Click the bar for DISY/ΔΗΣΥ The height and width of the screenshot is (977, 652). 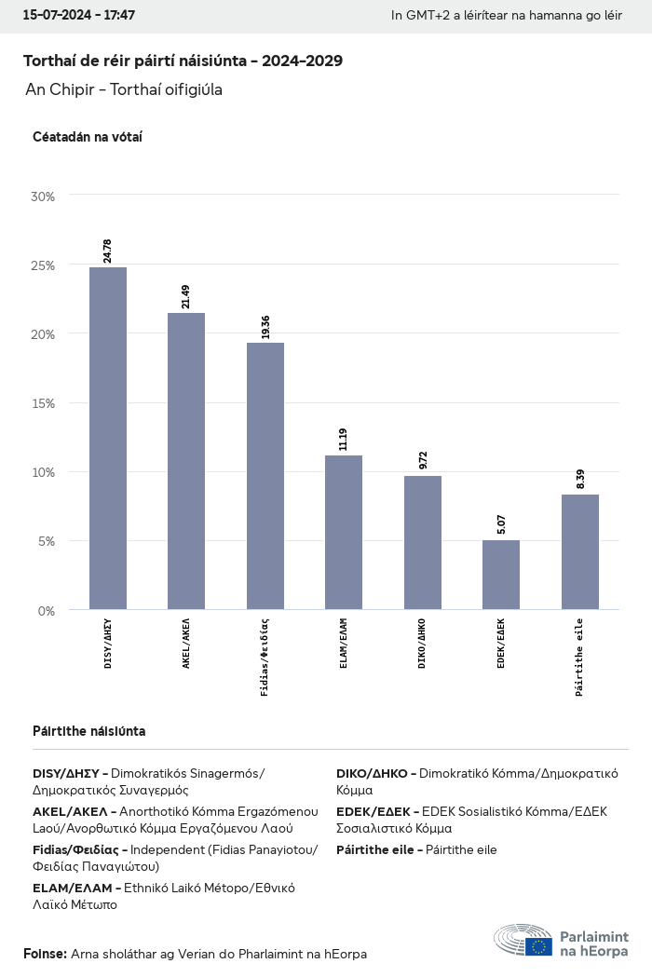(x=108, y=438)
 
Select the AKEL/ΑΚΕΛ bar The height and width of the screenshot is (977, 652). (x=186, y=461)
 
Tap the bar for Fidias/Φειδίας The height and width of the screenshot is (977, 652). (x=265, y=476)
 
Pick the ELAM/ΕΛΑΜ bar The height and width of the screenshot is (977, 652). (x=344, y=532)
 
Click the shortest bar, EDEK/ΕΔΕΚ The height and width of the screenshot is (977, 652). (x=501, y=575)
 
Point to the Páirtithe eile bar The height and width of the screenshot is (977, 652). (x=580, y=551)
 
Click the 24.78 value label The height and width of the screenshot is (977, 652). (x=108, y=251)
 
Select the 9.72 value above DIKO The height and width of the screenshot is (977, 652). (x=423, y=460)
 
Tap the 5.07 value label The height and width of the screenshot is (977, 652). (x=501, y=523)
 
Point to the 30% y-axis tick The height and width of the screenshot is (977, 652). (x=43, y=197)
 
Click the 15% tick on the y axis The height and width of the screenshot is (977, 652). (x=43, y=403)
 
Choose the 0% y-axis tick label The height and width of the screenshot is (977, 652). (x=46, y=611)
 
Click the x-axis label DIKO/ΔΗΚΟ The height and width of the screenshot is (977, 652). (x=423, y=643)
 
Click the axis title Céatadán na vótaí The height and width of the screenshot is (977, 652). (x=87, y=137)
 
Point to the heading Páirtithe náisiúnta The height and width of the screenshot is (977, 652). (x=88, y=731)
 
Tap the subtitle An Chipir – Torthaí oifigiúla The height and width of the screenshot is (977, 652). (x=124, y=89)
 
